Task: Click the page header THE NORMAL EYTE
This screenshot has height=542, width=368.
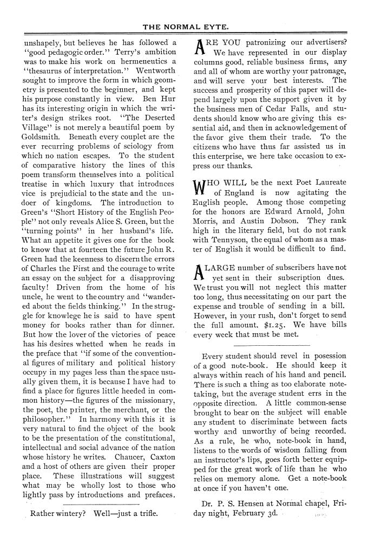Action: (x=185, y=25)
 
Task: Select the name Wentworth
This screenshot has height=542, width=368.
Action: (x=156, y=72)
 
